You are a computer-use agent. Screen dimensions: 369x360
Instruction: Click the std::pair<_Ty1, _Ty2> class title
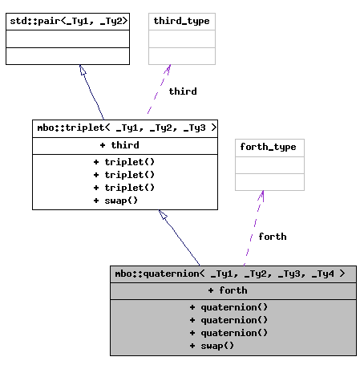point(67,21)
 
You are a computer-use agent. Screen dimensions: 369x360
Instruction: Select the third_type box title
point(182,21)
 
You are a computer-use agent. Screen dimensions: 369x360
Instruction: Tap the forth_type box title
point(269,147)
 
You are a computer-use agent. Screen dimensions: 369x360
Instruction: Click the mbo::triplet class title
point(125,128)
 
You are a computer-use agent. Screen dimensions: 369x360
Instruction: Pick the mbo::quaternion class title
point(233,274)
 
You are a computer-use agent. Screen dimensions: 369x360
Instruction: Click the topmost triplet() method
point(124,161)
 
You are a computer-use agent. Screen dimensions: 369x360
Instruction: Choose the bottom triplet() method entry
point(124,187)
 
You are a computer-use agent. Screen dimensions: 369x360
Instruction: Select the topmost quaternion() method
point(229,307)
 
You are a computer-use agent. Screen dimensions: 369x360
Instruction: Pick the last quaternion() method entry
point(229,333)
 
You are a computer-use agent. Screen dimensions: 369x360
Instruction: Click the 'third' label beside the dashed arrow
point(183,91)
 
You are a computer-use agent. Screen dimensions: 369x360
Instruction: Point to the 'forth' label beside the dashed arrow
point(273,237)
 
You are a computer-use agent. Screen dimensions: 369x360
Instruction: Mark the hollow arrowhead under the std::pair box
point(83,71)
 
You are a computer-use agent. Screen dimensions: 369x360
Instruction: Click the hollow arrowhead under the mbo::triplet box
point(163,215)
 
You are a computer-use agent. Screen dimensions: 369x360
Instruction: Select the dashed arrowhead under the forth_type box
point(261,195)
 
